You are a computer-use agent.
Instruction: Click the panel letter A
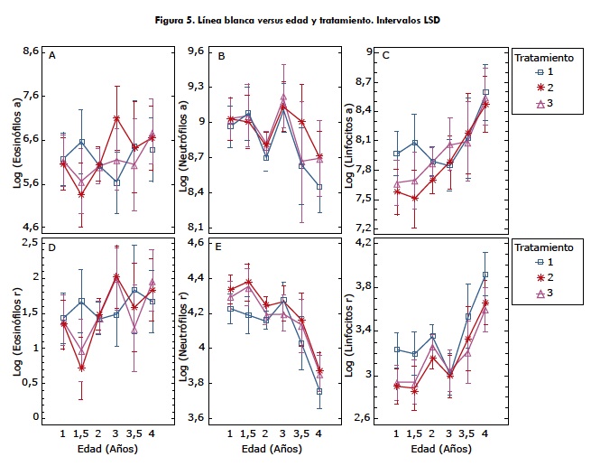pos(52,56)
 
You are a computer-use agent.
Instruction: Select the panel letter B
pos(221,56)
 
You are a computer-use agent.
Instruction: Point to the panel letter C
pos(386,56)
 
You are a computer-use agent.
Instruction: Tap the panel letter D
pos(52,246)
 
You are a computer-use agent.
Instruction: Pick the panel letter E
pos(221,246)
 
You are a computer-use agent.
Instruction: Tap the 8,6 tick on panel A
pos(30,52)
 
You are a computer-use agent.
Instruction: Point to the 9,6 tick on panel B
pos(199,52)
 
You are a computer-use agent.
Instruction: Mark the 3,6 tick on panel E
pos(199,417)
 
